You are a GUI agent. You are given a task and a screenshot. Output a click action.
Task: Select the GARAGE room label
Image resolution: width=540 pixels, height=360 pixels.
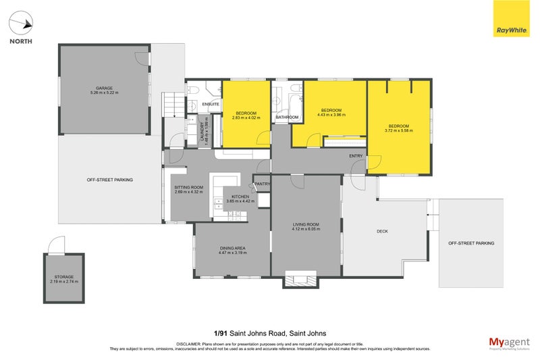point(104,88)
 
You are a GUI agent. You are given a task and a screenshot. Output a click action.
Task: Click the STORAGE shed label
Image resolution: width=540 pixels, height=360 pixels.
point(64,277)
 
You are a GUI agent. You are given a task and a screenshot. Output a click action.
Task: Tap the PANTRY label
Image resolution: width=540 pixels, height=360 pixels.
point(262,183)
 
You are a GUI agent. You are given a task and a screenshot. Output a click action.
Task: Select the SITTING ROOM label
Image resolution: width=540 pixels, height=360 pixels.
point(188,187)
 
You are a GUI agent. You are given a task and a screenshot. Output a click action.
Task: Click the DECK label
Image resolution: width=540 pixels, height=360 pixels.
point(382,231)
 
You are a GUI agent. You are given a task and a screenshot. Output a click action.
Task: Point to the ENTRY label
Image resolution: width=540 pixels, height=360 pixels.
point(356,157)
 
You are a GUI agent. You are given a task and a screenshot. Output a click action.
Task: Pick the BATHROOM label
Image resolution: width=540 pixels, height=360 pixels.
point(287,118)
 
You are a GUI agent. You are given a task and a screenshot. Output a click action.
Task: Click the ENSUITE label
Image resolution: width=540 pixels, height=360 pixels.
point(211,104)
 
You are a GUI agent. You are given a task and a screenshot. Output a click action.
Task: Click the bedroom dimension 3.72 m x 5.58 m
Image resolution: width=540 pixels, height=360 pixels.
point(398,130)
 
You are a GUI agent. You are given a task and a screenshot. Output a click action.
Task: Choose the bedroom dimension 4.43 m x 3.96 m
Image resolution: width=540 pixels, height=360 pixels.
point(331,115)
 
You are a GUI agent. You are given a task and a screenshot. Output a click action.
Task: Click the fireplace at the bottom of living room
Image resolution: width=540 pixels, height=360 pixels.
point(301,279)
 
